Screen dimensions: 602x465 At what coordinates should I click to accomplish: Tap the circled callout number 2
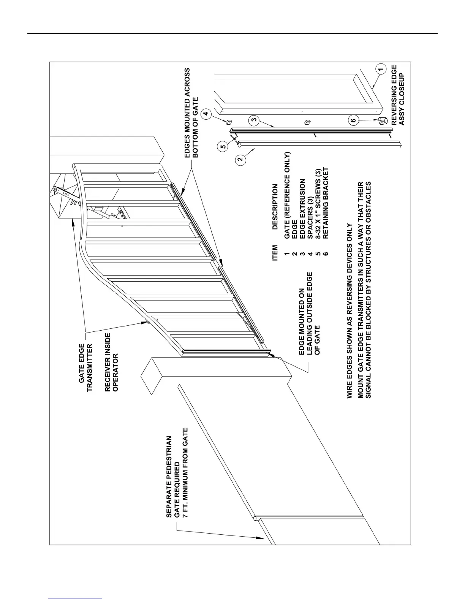click(240, 160)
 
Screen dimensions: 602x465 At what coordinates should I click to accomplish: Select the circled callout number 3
click(254, 121)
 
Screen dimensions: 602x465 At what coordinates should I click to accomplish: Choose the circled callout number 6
click(354, 120)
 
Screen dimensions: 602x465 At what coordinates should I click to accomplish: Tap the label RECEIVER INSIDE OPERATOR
click(112, 362)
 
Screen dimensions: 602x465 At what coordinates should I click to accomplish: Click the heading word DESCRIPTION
click(275, 207)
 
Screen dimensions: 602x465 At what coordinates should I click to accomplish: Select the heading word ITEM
click(275, 253)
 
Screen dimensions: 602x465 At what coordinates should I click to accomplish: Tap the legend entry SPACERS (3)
click(310, 220)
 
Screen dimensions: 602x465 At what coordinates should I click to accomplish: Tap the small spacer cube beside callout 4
click(229, 122)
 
